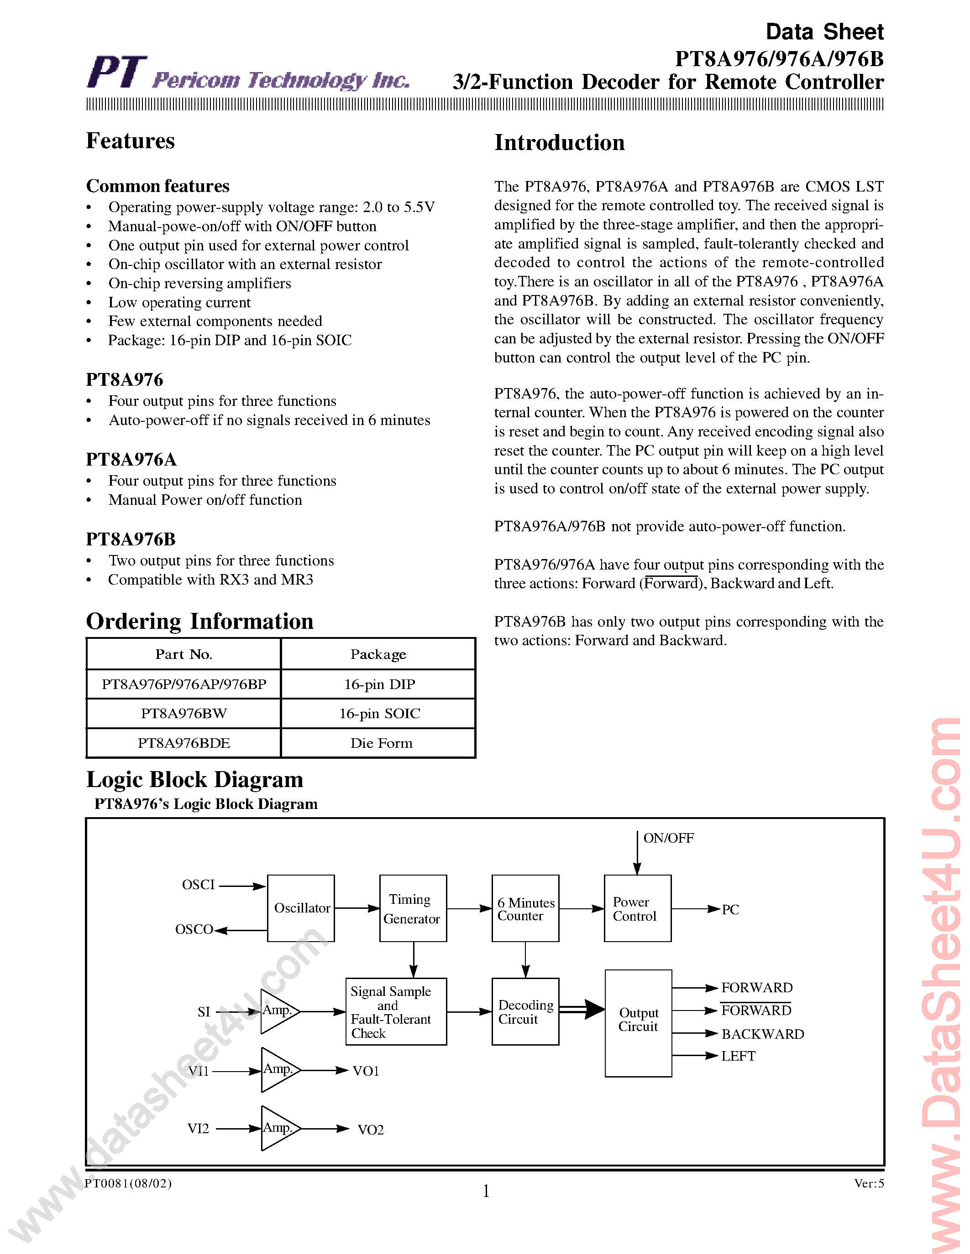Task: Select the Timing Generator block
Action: [x=413, y=908]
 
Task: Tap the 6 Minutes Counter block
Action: [x=525, y=908]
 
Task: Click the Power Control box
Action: [x=637, y=908]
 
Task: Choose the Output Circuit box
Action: [x=638, y=1023]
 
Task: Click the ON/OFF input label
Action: [x=668, y=838]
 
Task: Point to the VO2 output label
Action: [x=370, y=1130]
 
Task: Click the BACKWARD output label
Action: [x=763, y=1034]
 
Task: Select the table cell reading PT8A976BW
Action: [x=184, y=713]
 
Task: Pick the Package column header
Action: [x=378, y=654]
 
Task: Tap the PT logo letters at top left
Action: [x=117, y=73]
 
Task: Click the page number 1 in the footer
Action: [x=486, y=1192]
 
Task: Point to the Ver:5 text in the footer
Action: [x=869, y=1183]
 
